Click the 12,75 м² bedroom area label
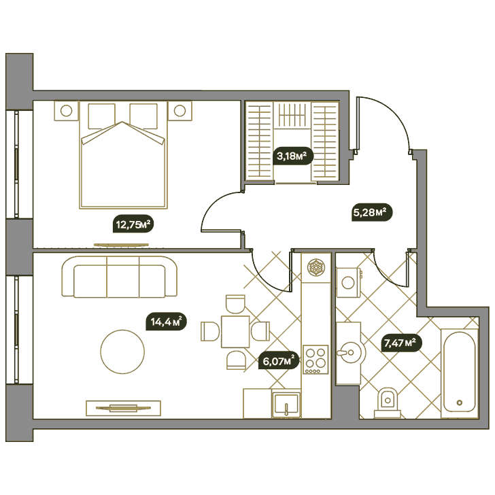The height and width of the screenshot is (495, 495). pos(133,224)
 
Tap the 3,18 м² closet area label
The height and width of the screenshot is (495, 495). pos(292,156)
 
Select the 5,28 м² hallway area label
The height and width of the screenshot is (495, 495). pos(372,212)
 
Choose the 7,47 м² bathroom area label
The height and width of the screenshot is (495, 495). pos(402,343)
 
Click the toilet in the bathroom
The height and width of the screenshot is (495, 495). pos(388,403)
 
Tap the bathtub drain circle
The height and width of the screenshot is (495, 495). pos(460,403)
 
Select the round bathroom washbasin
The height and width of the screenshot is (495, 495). pos(351,352)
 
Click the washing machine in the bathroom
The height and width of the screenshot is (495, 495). pos(349,283)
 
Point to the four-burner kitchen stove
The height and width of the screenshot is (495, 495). pos(315,359)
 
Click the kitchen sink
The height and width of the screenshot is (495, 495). pos(286,404)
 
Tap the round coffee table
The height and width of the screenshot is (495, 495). pos(122,352)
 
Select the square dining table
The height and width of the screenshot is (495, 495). pos(235,332)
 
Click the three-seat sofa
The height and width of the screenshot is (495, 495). pos(120,277)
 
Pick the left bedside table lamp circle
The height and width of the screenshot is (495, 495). pos(67,111)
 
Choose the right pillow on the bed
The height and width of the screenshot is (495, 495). pos(143,116)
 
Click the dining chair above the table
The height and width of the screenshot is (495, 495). pos(235,304)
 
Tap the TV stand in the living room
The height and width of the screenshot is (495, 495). pos(124,408)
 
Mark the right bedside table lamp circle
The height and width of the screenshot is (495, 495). pos(180,111)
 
